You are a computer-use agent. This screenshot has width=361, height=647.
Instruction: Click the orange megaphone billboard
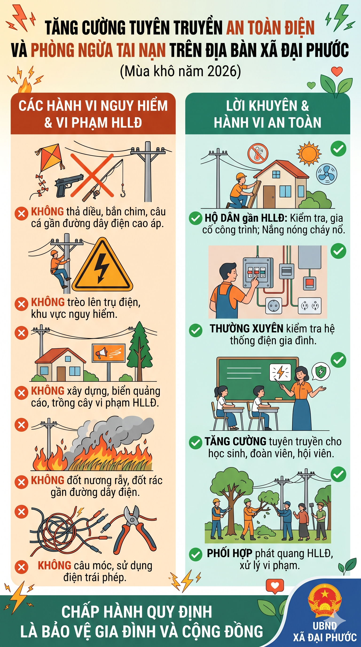coord(109,353)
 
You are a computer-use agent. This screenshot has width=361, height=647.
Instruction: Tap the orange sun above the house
coord(309,154)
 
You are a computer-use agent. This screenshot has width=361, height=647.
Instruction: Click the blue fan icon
coord(326,174)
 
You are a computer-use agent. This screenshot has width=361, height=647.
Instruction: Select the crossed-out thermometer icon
coord(258,154)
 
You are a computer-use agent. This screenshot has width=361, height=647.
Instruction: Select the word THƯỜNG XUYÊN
coord(247,328)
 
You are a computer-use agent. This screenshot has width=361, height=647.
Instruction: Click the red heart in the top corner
coord(337,71)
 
